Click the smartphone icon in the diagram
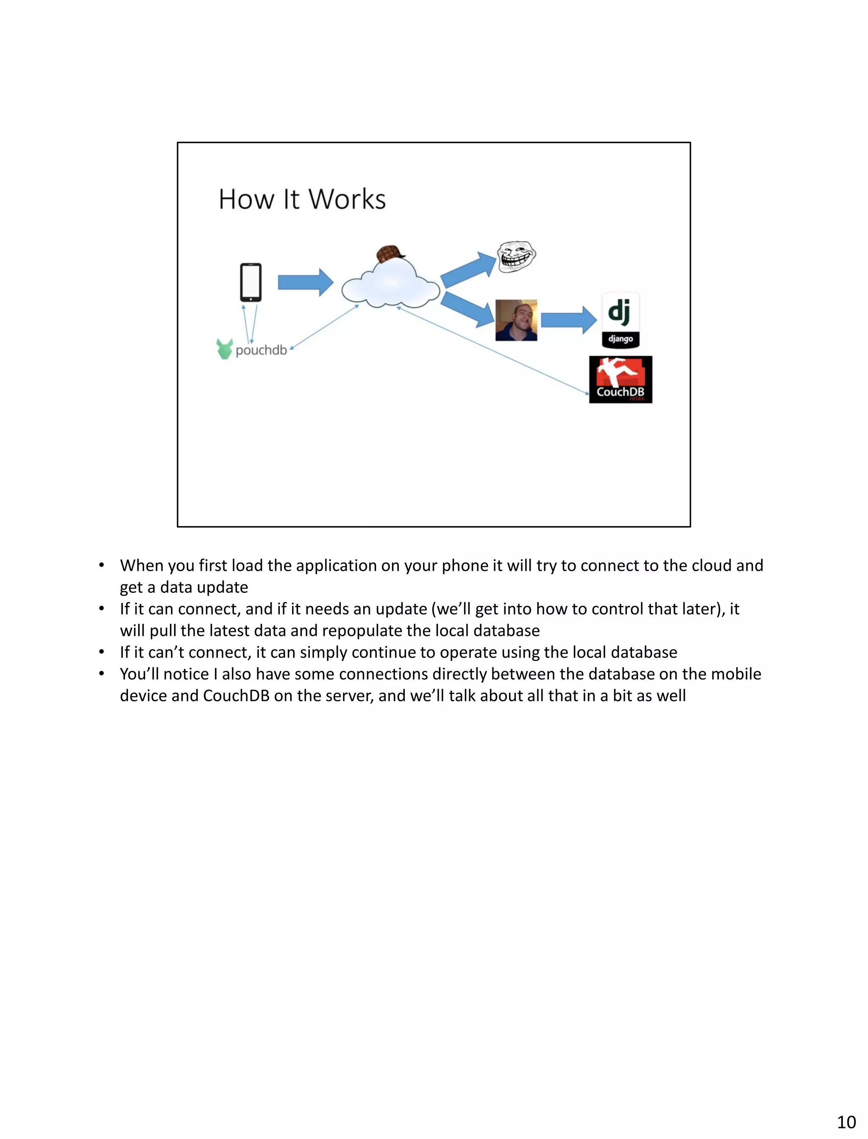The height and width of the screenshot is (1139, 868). (250, 282)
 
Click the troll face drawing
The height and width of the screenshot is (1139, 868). (516, 256)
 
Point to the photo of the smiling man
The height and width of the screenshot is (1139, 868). (516, 320)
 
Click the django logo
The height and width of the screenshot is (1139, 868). (620, 320)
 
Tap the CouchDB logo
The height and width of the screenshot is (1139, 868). (620, 379)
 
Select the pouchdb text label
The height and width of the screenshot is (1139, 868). (261, 350)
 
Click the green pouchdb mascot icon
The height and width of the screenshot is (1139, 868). (225, 349)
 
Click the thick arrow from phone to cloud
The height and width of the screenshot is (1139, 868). (305, 283)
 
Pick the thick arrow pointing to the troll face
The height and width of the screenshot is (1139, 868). (467, 269)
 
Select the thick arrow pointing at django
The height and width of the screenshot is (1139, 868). (568, 320)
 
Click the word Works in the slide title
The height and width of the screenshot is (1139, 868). (347, 200)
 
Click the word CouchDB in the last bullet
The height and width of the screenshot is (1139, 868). (236, 696)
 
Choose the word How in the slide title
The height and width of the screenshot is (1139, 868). (246, 200)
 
